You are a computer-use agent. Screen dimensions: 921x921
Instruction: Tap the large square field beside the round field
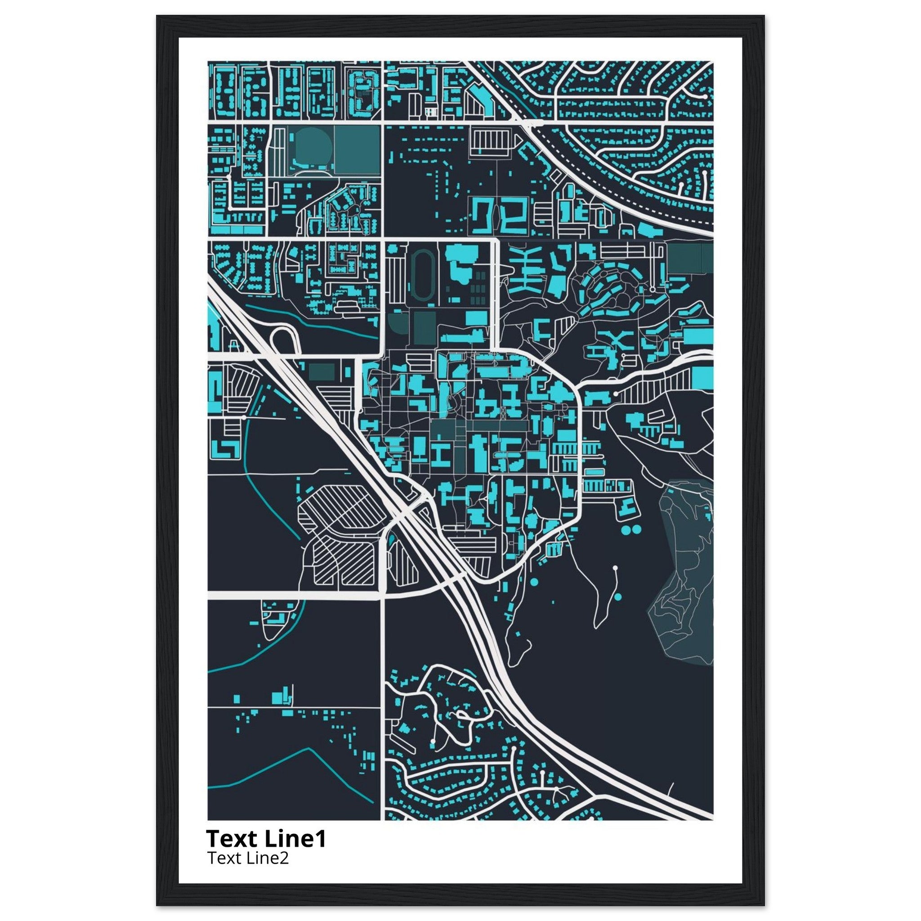click(357, 149)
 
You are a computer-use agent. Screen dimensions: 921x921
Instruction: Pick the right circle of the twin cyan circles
click(637, 529)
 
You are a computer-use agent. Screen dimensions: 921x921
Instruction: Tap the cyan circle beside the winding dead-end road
click(618, 596)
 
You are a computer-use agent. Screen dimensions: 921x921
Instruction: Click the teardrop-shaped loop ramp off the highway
click(285, 340)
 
